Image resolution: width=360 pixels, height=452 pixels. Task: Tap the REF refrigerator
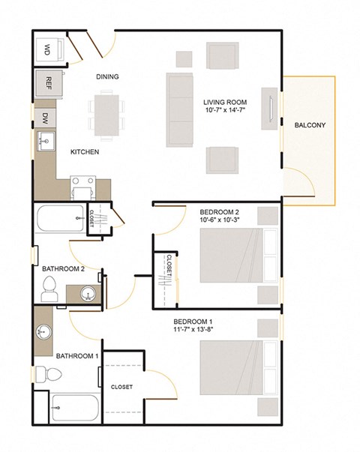point(48,83)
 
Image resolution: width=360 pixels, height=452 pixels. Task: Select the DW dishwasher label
point(45,118)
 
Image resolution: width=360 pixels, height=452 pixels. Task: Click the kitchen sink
point(44,139)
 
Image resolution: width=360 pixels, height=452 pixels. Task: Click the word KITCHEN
point(85,152)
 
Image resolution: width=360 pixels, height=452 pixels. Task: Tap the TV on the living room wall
point(269,105)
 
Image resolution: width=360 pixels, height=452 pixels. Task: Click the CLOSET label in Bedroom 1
point(121,388)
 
